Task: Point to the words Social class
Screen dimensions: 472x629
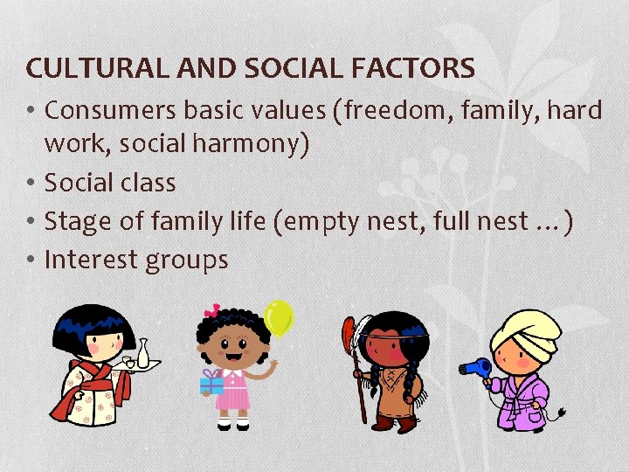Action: [x=110, y=183]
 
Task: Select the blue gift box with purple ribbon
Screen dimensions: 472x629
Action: [x=211, y=381]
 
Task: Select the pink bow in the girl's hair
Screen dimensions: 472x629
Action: [x=211, y=311]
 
